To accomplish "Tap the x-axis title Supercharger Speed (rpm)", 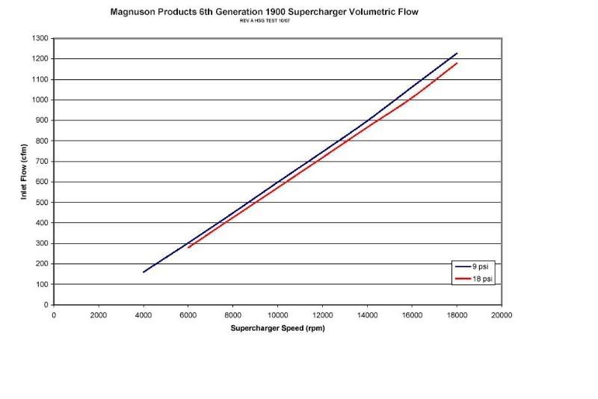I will [277, 329].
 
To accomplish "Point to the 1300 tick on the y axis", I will [40, 38].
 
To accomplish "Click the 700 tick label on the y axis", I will [41, 161].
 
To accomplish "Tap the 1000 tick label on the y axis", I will [40, 100].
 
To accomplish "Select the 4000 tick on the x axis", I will [143, 315].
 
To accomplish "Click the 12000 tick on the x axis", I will [322, 315].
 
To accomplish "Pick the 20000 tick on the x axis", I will [502, 315].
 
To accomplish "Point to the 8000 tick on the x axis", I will [232, 315].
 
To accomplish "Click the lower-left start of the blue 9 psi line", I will [144, 272].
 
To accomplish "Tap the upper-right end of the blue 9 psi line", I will [457, 53].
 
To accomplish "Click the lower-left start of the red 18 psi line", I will [188, 247].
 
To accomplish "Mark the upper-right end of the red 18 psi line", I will [457, 63].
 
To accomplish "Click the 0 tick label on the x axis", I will [54, 315].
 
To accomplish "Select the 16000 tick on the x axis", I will [412, 315].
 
